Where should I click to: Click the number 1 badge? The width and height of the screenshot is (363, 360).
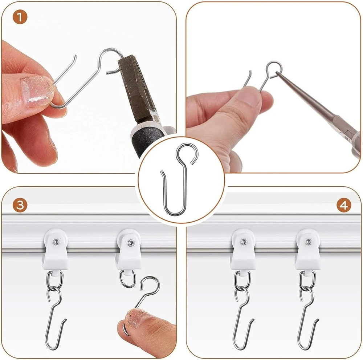(x=20, y=17)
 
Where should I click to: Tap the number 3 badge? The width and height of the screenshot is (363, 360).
(x=20, y=205)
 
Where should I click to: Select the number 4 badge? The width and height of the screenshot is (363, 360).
(x=343, y=205)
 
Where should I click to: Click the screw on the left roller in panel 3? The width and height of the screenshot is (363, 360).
(x=56, y=242)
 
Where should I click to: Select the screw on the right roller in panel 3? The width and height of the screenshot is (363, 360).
(x=131, y=243)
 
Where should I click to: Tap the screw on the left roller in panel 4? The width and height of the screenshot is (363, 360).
(x=243, y=242)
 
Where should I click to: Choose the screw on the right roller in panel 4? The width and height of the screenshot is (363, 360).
(x=308, y=242)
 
